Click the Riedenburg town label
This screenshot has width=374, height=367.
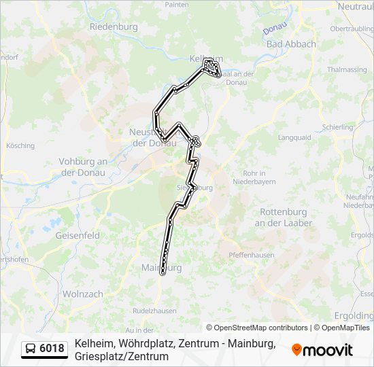point(114,27)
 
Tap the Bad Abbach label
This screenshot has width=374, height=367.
point(291,44)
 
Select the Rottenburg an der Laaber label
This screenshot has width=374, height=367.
point(284,217)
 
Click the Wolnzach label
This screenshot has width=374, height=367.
point(82,294)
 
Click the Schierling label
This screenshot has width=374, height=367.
point(338,127)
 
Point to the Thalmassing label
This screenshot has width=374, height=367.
point(347,69)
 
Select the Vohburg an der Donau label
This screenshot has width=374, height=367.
point(84,167)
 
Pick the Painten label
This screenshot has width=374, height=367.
point(177,4)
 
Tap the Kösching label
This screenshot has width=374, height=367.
point(20,145)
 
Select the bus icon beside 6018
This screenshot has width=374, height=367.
point(31,349)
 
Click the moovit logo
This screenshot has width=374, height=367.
point(322,350)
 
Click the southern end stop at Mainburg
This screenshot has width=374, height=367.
point(163,273)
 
